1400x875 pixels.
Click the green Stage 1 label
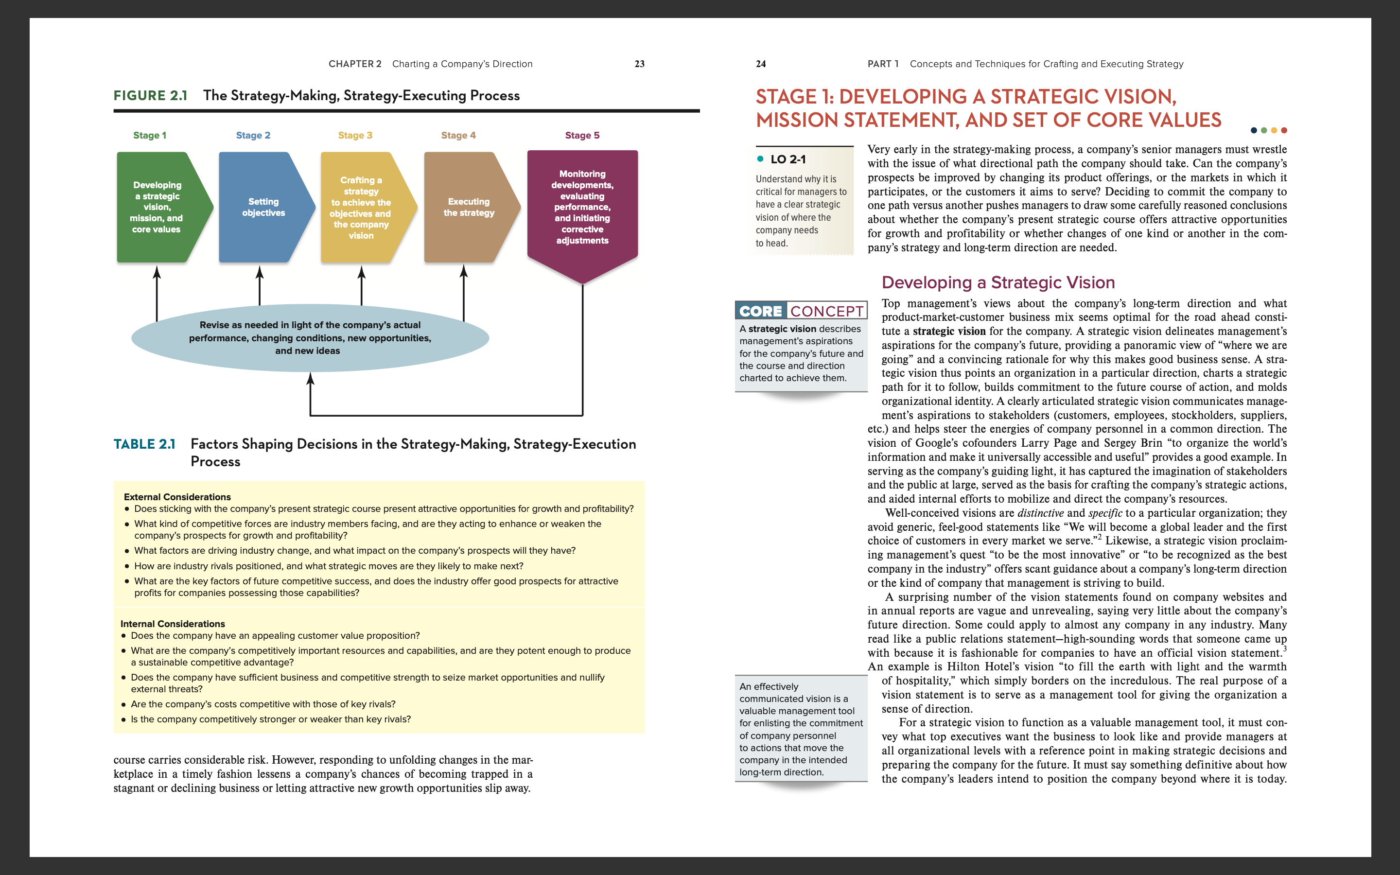[x=149, y=136]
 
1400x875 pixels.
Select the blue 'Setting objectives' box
[x=263, y=207]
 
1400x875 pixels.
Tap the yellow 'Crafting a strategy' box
[x=362, y=207]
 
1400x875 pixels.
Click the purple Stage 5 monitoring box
[x=582, y=207]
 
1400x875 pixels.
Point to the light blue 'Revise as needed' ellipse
[x=310, y=338]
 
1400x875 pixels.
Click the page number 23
[x=639, y=64]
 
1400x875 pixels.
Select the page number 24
[x=761, y=64]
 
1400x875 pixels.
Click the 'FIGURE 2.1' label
[x=150, y=95]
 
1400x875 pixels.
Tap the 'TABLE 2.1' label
[x=144, y=444]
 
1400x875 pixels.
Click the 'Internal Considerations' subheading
[x=173, y=624]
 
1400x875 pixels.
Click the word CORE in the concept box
[x=760, y=311]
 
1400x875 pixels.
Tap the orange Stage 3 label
[x=355, y=136]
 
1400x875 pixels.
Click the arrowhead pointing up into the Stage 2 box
[x=260, y=272]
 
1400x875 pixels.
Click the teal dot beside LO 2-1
[x=760, y=159]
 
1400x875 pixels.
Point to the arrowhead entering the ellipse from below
[x=310, y=379]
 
